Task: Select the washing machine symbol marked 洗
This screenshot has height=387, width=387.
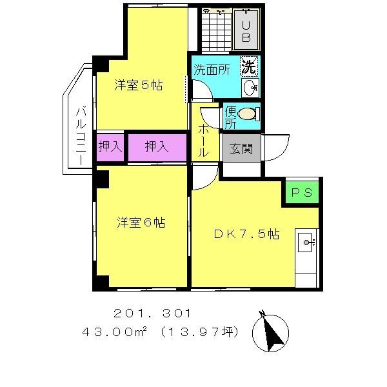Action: click(249, 65)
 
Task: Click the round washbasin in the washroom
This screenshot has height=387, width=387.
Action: click(250, 87)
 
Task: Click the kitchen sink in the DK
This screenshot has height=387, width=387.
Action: click(307, 243)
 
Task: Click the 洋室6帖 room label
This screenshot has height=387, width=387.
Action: click(141, 223)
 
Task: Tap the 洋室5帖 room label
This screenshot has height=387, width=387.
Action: click(139, 84)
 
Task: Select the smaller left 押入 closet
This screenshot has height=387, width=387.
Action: click(110, 147)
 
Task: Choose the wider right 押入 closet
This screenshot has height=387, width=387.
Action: click(156, 147)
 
